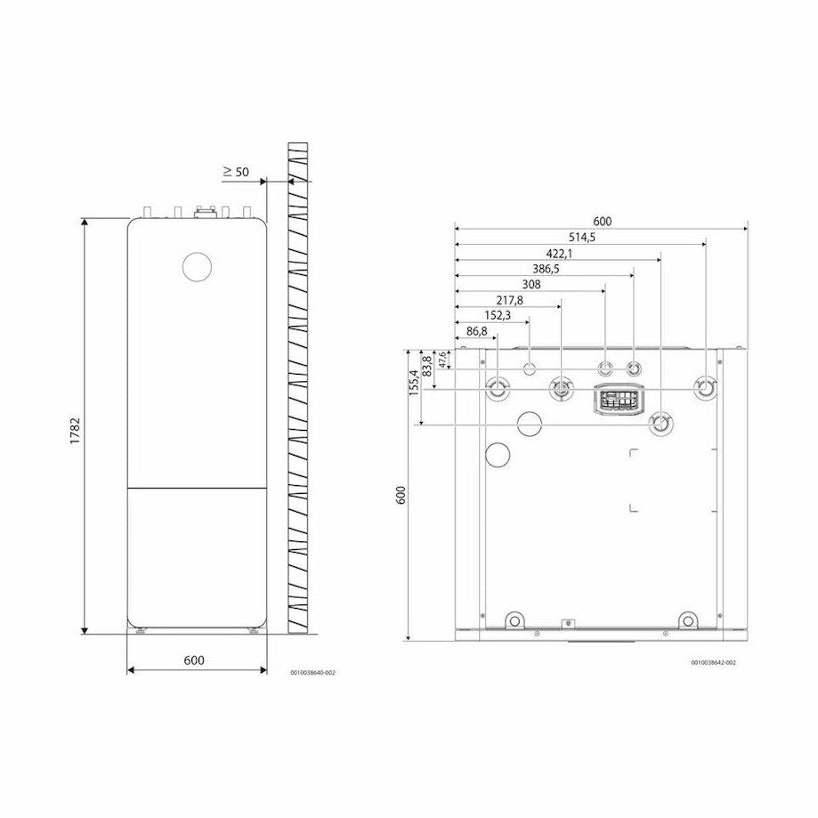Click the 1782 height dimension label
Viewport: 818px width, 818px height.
tap(75, 431)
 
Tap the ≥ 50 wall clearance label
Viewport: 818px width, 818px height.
tap(237, 172)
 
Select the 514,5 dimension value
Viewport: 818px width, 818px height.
tap(581, 238)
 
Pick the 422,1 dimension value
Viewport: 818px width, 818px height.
tap(559, 254)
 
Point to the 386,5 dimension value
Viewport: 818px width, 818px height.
tap(546, 269)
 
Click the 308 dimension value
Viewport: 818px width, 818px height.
tap(531, 285)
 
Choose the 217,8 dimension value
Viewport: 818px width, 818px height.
tap(509, 301)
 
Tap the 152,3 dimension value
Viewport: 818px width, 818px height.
tap(498, 316)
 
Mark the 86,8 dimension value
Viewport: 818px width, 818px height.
tap(477, 331)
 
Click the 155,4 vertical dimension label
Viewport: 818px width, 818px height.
tap(413, 383)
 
